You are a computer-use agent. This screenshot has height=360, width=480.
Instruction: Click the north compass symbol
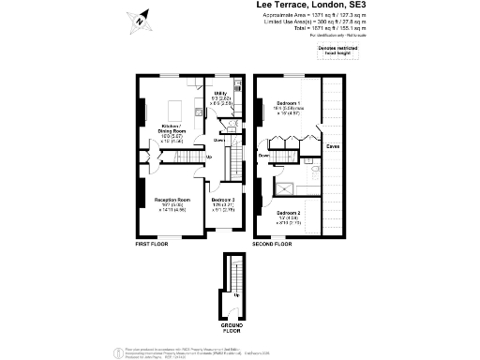tap(138, 18)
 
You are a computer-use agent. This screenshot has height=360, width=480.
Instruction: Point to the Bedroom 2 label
tap(288, 213)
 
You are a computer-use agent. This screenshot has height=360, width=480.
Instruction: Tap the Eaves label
tap(333, 147)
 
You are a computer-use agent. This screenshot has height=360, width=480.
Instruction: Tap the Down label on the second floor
tap(264, 155)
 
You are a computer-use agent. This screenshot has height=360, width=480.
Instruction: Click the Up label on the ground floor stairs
tap(236, 295)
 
